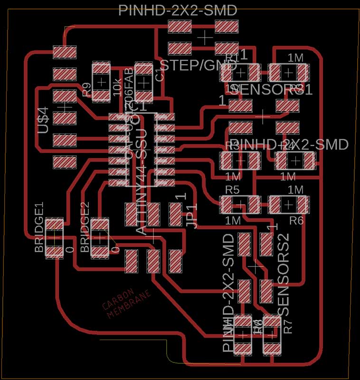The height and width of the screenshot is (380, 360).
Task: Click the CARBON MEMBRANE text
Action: click(127, 303)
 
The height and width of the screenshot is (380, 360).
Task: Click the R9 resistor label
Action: click(86, 89)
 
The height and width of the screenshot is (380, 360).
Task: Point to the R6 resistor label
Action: click(296, 220)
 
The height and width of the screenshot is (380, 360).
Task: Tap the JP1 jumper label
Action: click(191, 216)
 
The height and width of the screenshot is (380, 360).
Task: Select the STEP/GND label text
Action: click(199, 66)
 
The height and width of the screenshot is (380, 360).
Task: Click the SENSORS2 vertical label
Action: click(283, 275)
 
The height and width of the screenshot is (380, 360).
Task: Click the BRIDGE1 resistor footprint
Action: click(55, 237)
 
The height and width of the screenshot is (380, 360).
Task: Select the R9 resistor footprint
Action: click(101, 81)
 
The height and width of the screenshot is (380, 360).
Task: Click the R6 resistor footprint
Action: click(288, 204)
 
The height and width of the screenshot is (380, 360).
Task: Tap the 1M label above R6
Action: click(295, 190)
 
